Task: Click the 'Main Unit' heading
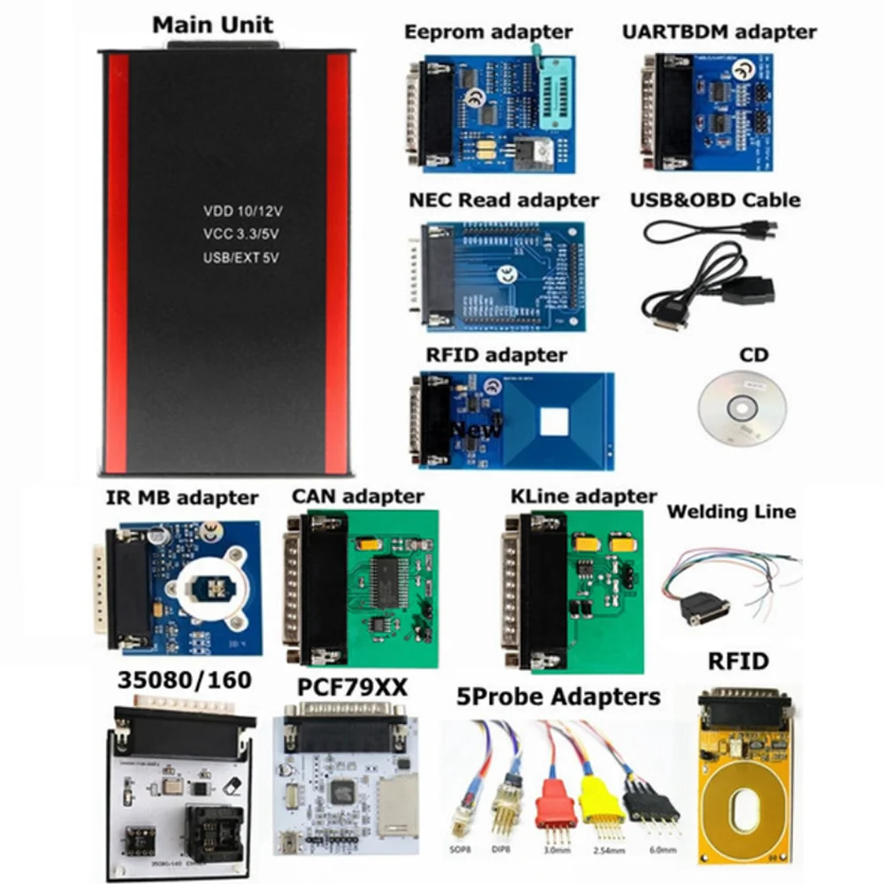[x=212, y=24]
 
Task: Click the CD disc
[x=742, y=408]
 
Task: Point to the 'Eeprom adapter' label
[x=488, y=32]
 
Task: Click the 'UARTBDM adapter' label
[x=719, y=32]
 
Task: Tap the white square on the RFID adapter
[x=554, y=422]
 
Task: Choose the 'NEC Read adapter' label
[x=503, y=200]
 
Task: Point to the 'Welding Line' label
[x=730, y=511]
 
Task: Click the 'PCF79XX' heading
[x=340, y=687]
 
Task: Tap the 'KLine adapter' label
[x=583, y=496]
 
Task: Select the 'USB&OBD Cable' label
[x=714, y=200]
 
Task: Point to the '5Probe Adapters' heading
[x=557, y=697]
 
